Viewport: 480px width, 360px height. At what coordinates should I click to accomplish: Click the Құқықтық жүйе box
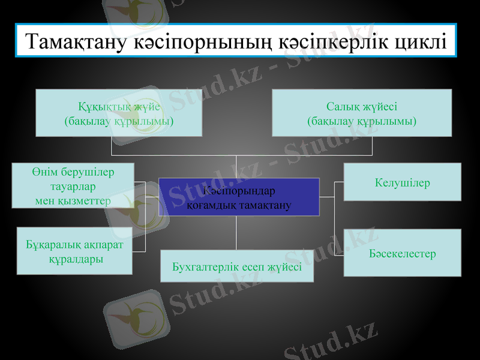pos(119,113)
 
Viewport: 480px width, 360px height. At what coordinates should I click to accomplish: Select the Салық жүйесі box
pos(362,113)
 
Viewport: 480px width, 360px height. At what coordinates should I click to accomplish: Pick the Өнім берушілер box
pos(73,185)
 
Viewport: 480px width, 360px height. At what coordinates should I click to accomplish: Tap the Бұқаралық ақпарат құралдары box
pos(75,251)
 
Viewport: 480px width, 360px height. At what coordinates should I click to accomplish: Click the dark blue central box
pos(239,197)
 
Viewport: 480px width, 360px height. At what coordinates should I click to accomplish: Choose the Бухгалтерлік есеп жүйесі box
pos(237,266)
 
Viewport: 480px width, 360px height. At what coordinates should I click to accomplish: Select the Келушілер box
pos(402,182)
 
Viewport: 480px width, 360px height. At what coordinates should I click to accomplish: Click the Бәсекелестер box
pos(402,253)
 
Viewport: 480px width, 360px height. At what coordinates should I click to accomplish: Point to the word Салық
pos(344,107)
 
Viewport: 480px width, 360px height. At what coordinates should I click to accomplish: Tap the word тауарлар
pos(73,186)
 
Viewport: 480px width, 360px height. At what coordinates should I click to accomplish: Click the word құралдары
pos(76,259)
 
